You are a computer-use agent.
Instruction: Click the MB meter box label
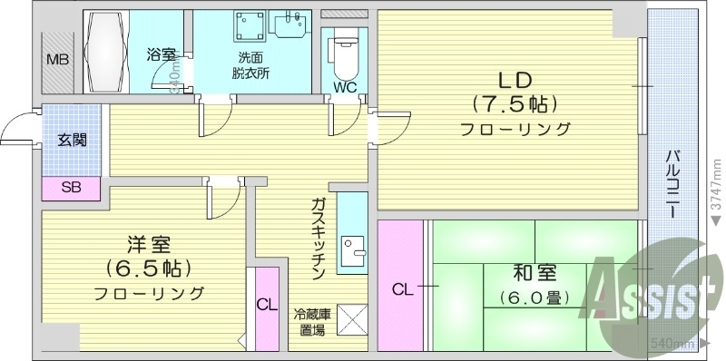point(56,61)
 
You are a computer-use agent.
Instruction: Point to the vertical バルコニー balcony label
point(673,181)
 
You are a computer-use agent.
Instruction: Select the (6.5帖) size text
point(148,268)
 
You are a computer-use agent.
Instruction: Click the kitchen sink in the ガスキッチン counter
point(352,246)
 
